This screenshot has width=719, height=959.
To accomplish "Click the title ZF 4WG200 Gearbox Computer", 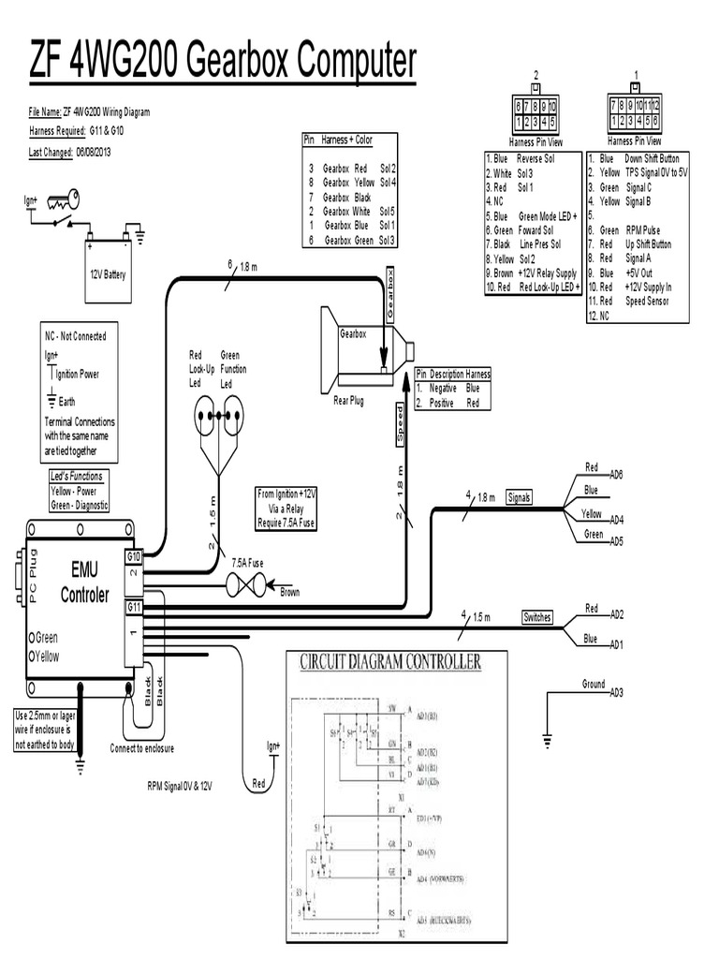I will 222,64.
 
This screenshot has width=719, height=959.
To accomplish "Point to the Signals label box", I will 519,497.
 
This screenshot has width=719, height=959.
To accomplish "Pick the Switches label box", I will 536,617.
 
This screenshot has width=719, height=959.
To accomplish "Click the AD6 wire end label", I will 616,476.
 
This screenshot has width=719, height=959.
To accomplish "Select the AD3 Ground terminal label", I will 616,692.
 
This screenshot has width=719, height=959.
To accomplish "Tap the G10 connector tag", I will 134,555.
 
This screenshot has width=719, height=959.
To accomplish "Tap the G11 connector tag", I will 134,607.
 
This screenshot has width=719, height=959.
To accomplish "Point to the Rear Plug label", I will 348,402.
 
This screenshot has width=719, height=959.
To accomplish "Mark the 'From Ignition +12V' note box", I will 287,509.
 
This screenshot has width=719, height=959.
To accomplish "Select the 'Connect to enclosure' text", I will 141,748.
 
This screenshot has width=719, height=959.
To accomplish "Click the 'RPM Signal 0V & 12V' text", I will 180,787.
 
